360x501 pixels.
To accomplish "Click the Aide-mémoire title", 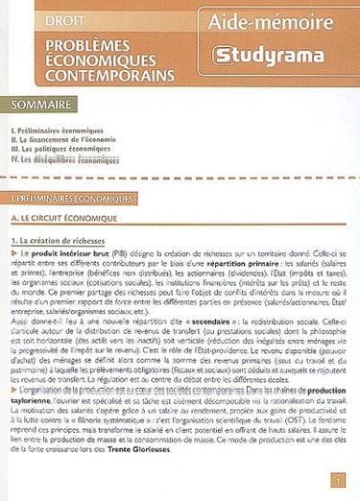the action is pos(276,21).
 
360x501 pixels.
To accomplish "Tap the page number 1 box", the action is pos(337,480).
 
